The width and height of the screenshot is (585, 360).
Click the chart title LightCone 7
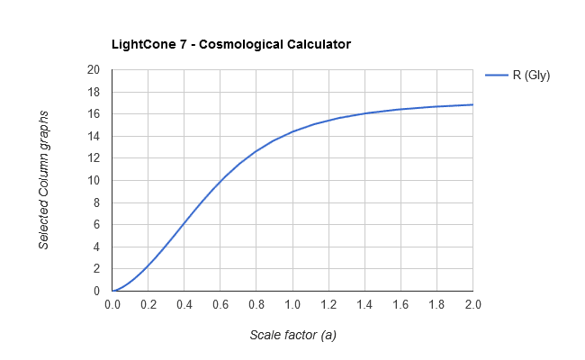pos(230,43)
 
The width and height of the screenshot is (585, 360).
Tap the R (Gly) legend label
pos(531,76)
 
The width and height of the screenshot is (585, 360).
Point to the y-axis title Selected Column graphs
pos(44,180)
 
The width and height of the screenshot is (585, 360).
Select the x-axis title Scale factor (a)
pos(292,335)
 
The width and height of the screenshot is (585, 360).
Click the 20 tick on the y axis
pos(94,70)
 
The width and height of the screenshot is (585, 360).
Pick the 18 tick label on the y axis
pos(94,93)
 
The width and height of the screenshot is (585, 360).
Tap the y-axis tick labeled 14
pos(94,137)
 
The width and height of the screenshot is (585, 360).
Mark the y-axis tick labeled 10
pos(94,181)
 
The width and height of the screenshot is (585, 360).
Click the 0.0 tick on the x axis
pos(112,305)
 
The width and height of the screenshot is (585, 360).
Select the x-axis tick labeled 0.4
pos(184,305)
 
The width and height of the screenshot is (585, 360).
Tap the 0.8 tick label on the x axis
pos(256,305)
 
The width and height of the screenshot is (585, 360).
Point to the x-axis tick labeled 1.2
pos(328,305)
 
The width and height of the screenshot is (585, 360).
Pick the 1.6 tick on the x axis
pos(400,305)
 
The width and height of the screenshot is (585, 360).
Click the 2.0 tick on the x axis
pos(472,305)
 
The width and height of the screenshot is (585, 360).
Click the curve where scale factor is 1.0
pos(292,131)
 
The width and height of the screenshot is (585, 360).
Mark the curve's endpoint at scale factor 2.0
pos(472,104)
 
